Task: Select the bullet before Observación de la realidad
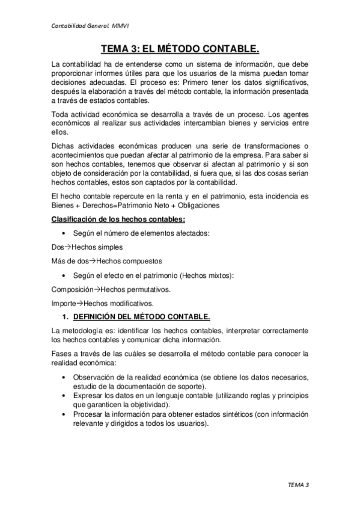pyautogui.click(x=64, y=377)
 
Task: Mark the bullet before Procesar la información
pyautogui.click(x=64, y=414)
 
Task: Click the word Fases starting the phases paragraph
pyautogui.click(x=63, y=354)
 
